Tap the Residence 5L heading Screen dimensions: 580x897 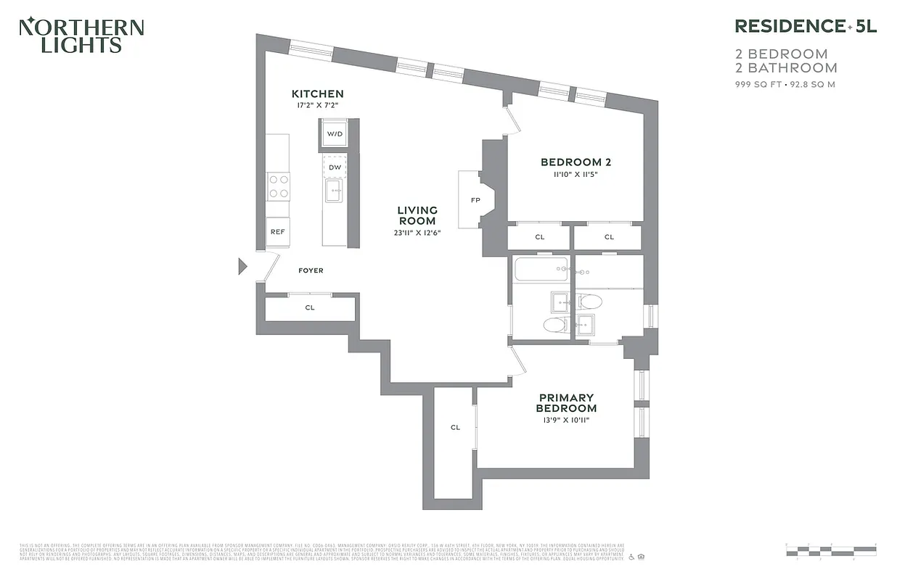click(x=806, y=26)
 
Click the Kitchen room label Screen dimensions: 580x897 click(x=317, y=94)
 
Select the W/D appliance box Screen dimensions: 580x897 click(x=334, y=134)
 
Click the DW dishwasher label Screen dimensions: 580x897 click(x=334, y=167)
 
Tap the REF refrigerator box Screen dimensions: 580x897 click(x=277, y=232)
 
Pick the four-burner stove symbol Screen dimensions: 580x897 click(x=278, y=186)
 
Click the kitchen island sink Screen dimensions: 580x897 click(x=334, y=194)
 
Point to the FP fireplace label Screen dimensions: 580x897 click(x=475, y=199)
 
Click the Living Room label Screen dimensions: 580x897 click(x=417, y=215)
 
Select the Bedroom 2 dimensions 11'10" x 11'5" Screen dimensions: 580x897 click(x=573, y=175)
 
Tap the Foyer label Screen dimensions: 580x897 click(x=311, y=270)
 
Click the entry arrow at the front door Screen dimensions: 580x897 click(x=243, y=266)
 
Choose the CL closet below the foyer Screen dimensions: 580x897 click(x=310, y=308)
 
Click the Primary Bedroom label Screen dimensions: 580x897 click(x=566, y=402)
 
